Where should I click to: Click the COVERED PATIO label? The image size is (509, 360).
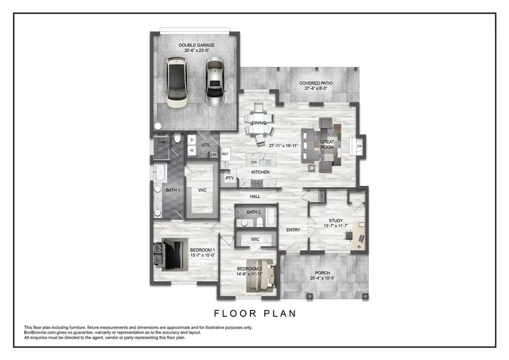[x=316, y=83]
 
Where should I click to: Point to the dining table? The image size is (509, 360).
[x=258, y=123]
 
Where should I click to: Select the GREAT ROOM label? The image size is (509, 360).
[x=327, y=144]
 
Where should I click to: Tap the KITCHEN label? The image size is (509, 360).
[x=260, y=172]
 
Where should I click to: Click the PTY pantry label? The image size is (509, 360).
[x=230, y=178]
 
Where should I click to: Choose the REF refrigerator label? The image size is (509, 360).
[x=225, y=154]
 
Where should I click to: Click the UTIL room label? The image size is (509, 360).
[x=206, y=145]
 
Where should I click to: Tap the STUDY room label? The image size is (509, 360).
[x=336, y=221]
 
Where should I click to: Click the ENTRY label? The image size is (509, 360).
[x=293, y=230]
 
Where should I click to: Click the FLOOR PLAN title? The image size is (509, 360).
[x=255, y=313]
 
